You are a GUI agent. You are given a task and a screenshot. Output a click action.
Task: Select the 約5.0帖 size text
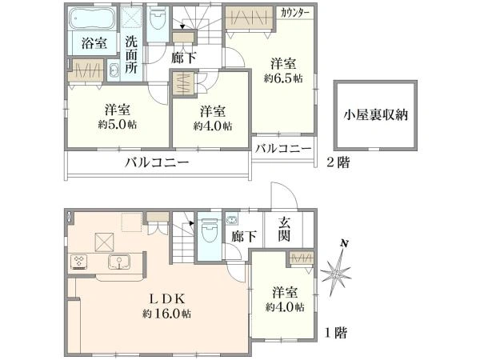(117, 126)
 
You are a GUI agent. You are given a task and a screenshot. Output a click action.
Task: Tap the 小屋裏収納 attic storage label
(376, 114)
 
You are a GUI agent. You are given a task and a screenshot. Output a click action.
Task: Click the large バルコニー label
(156, 162)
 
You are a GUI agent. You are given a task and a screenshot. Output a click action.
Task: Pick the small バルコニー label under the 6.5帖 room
(283, 149)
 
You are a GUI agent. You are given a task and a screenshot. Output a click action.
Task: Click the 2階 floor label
(336, 162)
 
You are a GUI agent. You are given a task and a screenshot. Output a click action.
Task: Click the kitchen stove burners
(80, 261)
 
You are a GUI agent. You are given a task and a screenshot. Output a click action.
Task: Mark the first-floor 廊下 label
(238, 236)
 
